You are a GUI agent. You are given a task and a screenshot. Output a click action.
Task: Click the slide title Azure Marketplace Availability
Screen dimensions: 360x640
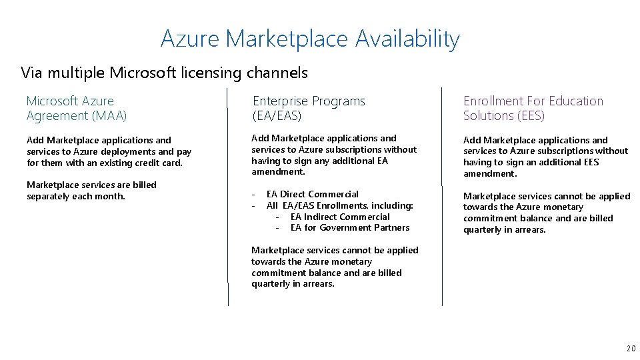coord(310,39)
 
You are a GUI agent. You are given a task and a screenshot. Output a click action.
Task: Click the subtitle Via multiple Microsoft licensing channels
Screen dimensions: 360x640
coord(164,72)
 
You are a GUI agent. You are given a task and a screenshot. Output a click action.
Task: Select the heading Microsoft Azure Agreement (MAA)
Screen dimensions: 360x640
coord(77,108)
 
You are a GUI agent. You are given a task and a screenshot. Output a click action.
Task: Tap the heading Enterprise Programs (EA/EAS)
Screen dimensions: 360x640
coord(309,108)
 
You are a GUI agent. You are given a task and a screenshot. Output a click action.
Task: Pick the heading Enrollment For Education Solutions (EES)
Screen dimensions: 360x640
coord(533,108)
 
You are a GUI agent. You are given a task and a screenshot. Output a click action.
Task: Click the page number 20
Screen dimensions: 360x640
coord(631,349)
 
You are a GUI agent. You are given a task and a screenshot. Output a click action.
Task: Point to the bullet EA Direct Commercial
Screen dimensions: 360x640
coord(313,194)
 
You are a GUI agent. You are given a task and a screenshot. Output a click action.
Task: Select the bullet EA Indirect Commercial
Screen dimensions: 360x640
coord(340,217)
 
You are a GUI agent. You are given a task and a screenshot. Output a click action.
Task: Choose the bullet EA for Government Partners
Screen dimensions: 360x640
coord(350,228)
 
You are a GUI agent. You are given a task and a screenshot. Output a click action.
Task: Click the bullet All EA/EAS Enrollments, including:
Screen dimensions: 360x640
coord(340,205)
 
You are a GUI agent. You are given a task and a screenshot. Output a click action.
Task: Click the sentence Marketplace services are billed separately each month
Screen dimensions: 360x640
coord(91,190)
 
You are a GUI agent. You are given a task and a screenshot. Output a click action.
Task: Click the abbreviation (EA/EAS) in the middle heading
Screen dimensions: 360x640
coord(277,116)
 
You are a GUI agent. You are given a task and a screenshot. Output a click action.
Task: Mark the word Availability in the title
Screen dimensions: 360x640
coord(407,39)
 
